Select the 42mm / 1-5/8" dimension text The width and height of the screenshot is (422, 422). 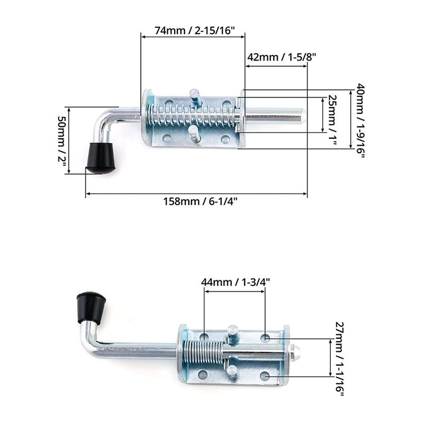pyautogui.click(x=281, y=56)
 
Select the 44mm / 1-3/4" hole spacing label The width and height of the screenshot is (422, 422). pyautogui.click(x=235, y=282)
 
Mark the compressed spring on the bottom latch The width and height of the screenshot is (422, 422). pyautogui.click(x=203, y=351)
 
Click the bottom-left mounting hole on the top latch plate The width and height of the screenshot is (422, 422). pyautogui.click(x=167, y=139)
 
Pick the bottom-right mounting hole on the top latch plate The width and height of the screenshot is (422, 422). pyautogui.click(x=225, y=139)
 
